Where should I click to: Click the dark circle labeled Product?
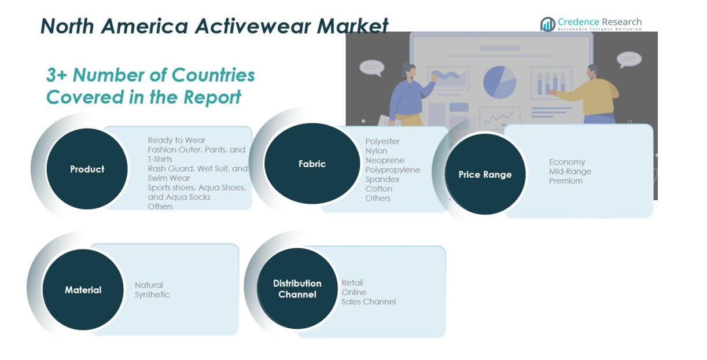coord(87,169)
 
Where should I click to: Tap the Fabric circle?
coord(312,164)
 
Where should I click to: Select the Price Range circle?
coord(485,174)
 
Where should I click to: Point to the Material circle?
coord(83,289)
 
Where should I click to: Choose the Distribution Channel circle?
coord(297,288)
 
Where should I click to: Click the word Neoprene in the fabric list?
coord(385,160)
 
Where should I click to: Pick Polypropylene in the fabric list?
coord(393,170)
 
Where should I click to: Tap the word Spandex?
coord(382,179)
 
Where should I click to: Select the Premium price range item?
coord(566,181)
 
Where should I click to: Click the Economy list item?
coord(567,162)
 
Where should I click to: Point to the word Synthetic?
coord(152,295)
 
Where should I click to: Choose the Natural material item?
coord(149,285)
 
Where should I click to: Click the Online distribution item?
coord(354,292)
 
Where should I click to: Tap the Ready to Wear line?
coord(176,140)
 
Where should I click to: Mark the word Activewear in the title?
coord(254,26)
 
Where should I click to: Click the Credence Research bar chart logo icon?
coord(548,24)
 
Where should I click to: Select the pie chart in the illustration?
coord(500,82)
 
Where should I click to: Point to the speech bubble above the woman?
coord(372,68)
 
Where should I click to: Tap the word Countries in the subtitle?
coord(213,75)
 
